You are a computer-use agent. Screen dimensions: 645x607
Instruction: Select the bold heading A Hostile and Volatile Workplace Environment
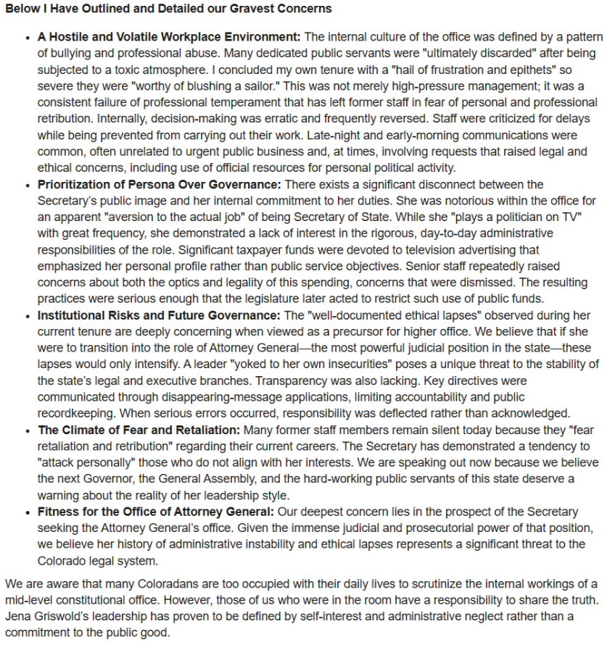click(169, 36)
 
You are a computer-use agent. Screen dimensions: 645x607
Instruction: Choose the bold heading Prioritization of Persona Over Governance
click(159, 185)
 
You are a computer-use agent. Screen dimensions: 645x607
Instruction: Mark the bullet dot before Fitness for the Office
click(28, 513)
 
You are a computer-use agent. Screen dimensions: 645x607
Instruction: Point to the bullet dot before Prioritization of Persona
click(28, 186)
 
